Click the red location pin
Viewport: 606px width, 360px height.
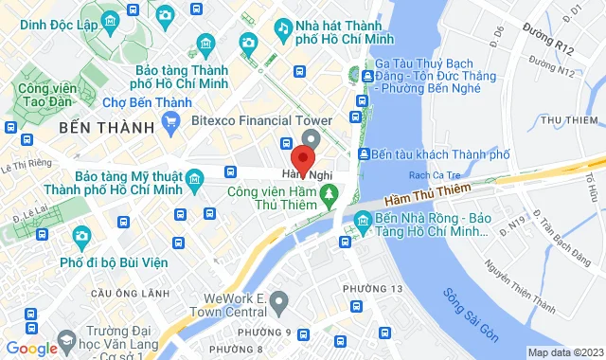304,157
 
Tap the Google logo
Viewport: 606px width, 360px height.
32,349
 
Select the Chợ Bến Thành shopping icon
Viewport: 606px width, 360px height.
170,120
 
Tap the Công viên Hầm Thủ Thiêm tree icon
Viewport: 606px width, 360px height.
330,195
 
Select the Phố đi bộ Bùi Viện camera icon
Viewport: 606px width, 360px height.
81,234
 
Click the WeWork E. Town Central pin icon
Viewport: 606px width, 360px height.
278,303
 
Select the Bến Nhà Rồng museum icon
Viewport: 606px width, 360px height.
362,223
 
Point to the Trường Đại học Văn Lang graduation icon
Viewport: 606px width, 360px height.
66,338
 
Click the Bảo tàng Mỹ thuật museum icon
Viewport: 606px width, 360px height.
195,178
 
